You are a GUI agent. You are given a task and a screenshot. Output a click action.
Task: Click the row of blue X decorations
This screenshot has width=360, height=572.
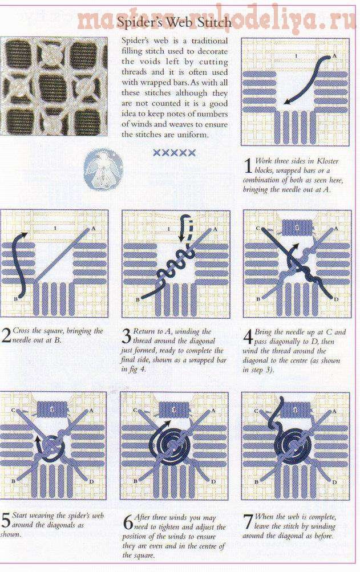[174, 152]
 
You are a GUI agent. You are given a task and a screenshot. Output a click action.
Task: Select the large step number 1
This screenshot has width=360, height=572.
[248, 166]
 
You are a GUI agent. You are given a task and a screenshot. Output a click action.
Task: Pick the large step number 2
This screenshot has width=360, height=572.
[6, 335]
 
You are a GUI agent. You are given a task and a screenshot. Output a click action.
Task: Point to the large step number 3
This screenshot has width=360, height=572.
[126, 336]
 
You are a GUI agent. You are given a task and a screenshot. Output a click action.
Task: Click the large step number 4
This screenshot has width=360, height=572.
[248, 336]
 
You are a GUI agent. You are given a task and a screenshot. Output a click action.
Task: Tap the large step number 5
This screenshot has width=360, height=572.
[6, 520]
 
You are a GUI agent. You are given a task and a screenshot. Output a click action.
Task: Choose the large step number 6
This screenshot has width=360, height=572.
[127, 522]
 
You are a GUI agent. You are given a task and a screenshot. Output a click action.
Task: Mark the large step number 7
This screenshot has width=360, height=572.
[248, 521]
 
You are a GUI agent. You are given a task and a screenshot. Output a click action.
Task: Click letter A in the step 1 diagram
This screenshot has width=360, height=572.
[334, 56]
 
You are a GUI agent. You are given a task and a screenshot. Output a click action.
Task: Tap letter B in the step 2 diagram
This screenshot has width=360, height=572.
[16, 299]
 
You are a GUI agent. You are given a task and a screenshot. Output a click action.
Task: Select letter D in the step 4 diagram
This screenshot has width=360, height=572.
[336, 299]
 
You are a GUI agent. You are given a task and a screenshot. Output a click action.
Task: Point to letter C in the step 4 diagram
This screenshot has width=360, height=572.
[258, 229]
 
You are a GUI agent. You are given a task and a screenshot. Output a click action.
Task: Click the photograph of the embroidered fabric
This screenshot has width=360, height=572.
[54, 86]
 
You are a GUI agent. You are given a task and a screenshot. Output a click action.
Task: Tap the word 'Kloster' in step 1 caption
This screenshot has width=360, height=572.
[327, 161]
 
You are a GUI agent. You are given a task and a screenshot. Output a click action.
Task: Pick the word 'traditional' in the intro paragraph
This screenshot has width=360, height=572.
[209, 40]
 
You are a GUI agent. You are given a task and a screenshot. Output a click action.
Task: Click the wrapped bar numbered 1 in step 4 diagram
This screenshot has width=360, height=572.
[297, 228]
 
